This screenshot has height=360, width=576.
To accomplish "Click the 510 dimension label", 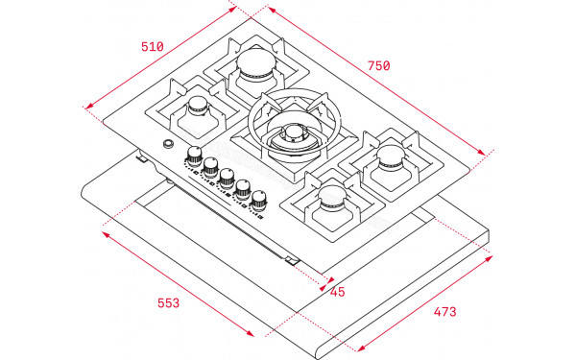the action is [x=153, y=47].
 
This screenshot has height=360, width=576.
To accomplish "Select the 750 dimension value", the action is [x=379, y=65].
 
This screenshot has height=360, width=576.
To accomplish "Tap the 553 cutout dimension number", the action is [x=169, y=303].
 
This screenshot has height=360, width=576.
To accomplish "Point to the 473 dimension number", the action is [x=444, y=311].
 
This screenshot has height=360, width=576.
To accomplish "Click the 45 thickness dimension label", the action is [x=338, y=292].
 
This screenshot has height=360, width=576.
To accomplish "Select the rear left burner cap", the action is [x=256, y=61].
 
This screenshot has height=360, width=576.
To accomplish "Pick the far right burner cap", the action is [x=391, y=155].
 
